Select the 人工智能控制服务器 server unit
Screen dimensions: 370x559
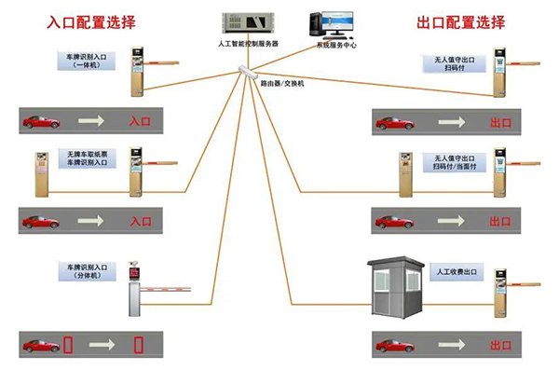(240, 22)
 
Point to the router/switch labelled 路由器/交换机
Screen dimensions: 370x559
(248, 71)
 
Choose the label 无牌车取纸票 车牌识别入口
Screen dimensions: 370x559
(85, 158)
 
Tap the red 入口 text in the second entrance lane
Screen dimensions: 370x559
(140, 222)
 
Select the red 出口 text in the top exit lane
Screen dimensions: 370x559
(499, 122)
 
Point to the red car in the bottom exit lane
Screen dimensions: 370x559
(394, 346)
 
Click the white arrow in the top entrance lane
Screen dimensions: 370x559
(90, 121)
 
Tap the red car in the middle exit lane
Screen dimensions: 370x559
(394, 221)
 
